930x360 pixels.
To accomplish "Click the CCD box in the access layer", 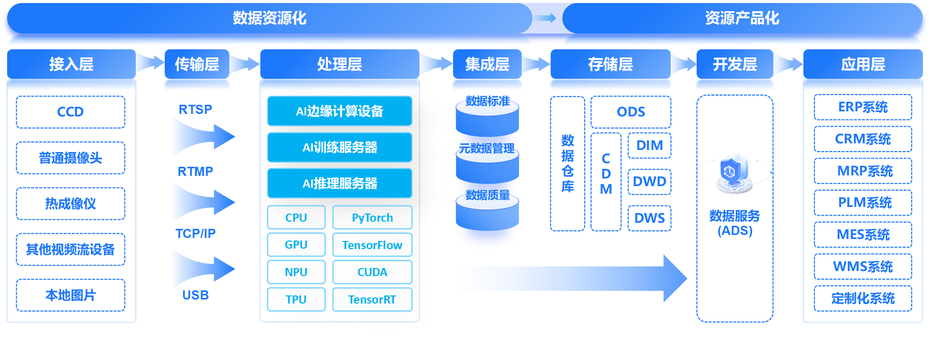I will (71, 112).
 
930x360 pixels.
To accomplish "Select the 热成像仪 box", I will (71, 203).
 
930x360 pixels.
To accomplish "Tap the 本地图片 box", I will (71, 295).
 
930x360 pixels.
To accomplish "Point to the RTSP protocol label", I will (195, 109).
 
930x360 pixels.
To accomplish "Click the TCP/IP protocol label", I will (195, 233).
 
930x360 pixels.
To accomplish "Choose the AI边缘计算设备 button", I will (340, 111).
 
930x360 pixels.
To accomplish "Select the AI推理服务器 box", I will (340, 183).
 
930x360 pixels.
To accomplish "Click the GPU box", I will (296, 245).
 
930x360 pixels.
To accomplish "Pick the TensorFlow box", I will (372, 245).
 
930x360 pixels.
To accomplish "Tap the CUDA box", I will (372, 272).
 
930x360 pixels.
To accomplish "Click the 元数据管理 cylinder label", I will (487, 149).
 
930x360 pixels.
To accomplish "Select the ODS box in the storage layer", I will (631, 112).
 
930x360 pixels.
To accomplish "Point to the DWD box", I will (649, 182).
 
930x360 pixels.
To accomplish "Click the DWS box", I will (649, 218).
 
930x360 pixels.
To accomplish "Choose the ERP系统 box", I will (863, 107).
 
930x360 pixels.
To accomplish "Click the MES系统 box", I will (863, 234).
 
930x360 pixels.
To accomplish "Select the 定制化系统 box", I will (863, 298).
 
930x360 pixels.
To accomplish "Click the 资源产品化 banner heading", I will (742, 18).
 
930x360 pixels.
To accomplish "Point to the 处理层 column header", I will (340, 64).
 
